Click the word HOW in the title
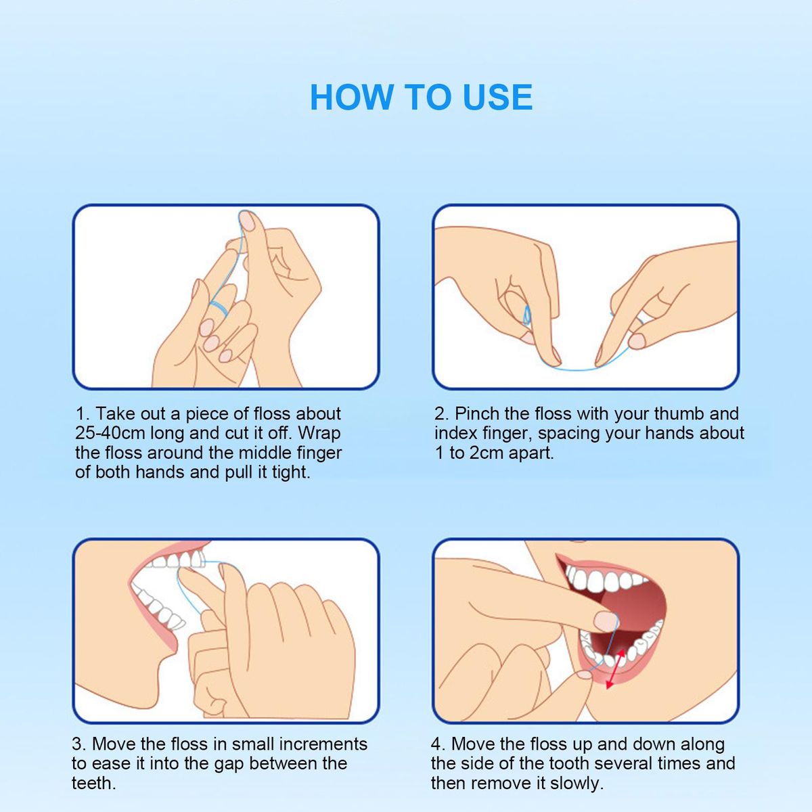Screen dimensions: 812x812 click(351, 97)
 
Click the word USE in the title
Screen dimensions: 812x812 click(497, 97)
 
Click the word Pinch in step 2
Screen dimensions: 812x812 click(477, 414)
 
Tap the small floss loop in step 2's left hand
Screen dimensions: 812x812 click(526, 315)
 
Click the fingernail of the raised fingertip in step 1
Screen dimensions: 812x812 click(247, 221)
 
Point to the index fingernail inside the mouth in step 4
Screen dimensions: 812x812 click(605, 621)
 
